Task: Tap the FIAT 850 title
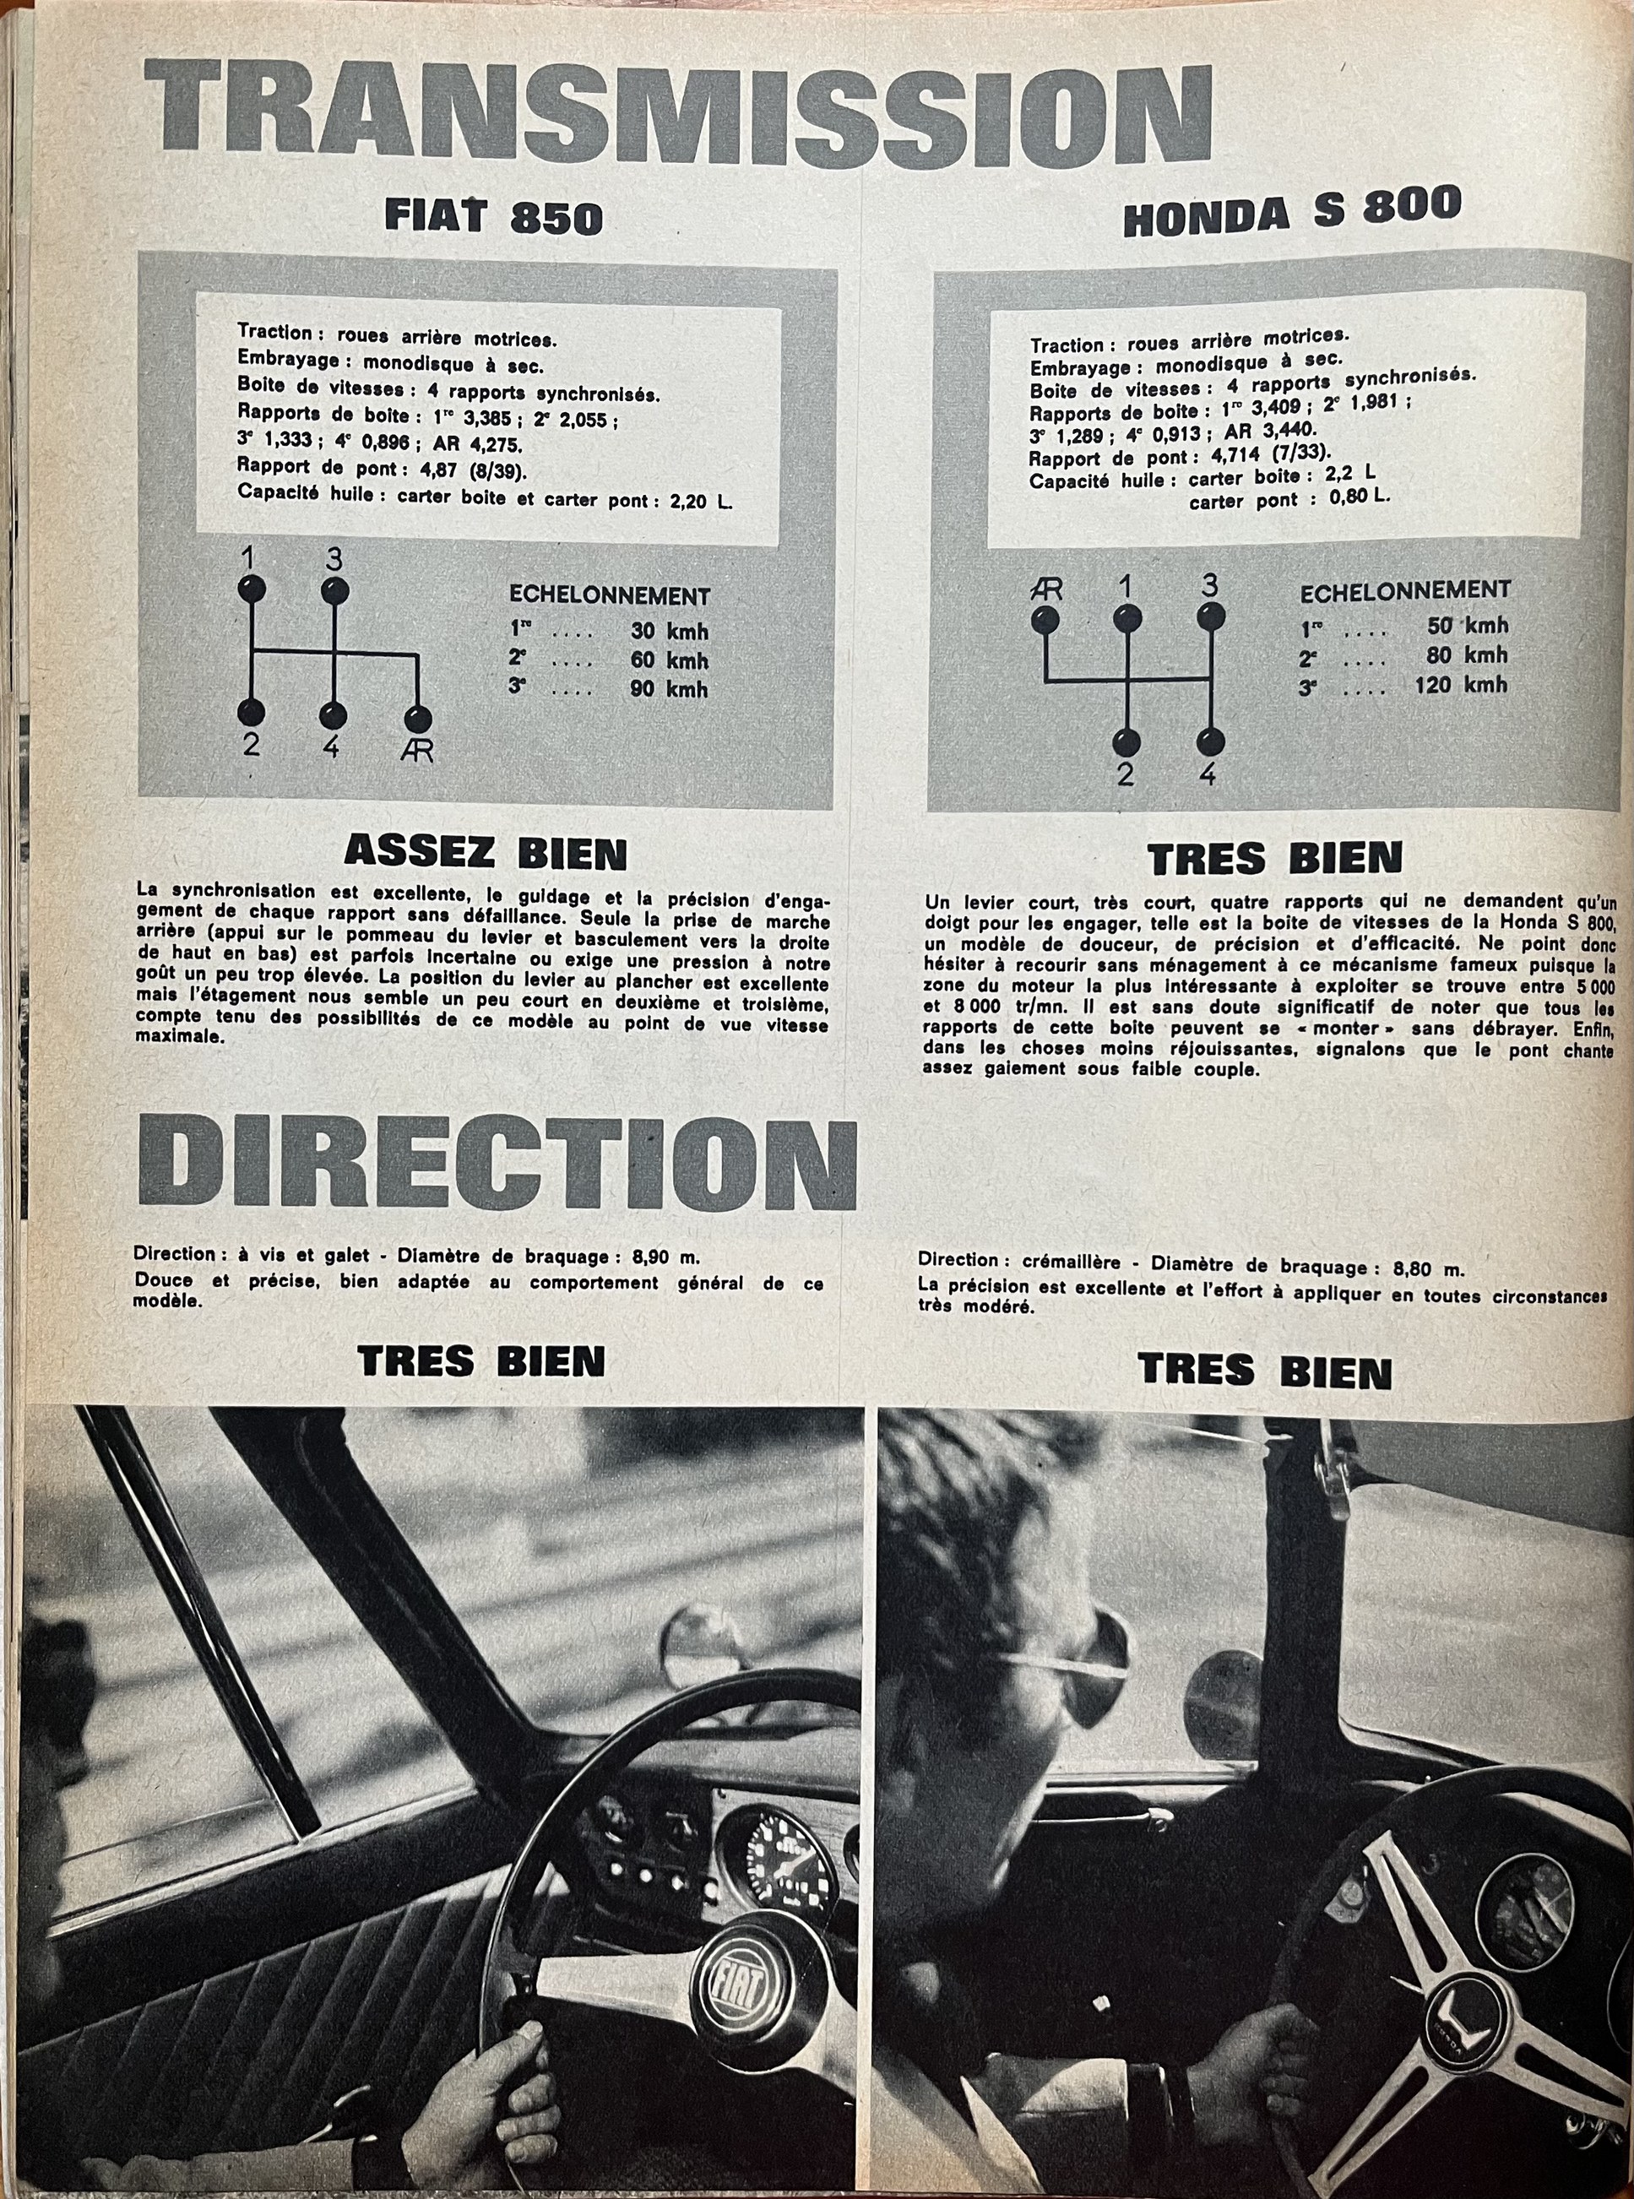pyautogui.click(x=493, y=218)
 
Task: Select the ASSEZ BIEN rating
pyautogui.click(x=485, y=853)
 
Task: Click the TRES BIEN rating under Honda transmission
pyautogui.click(x=1276, y=859)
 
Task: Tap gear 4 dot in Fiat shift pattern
pyautogui.click(x=334, y=714)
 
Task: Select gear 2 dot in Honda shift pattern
pyautogui.click(x=1126, y=742)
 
